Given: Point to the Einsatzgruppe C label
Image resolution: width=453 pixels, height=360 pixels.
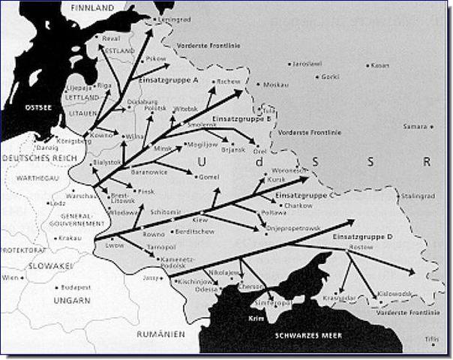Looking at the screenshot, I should (x=304, y=195).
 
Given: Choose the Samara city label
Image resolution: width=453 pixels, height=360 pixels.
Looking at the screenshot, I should (x=415, y=126).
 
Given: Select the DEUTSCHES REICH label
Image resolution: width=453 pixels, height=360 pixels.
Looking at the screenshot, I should (x=35, y=159).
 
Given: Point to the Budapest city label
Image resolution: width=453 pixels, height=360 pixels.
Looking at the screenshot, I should (x=76, y=287).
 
